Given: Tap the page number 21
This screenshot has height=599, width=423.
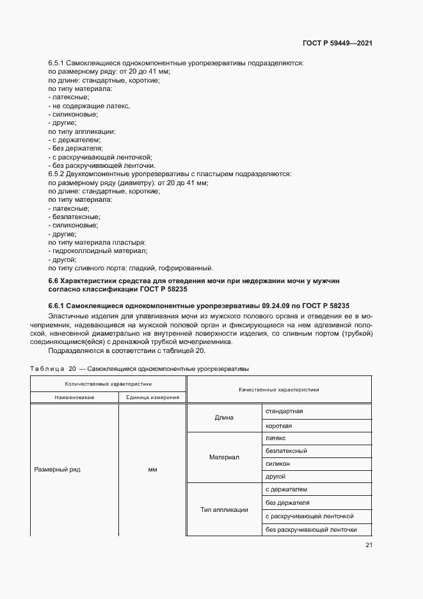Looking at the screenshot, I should pyautogui.click(x=369, y=545).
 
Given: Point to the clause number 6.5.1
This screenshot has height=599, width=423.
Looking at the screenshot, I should pyautogui.click(x=57, y=63).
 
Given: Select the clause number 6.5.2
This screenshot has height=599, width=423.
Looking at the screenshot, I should pyautogui.click(x=57, y=174).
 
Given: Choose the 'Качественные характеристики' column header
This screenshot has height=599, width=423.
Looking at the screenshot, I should pyautogui.click(x=278, y=390).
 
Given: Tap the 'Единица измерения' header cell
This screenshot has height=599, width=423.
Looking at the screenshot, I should pyautogui.click(x=152, y=397).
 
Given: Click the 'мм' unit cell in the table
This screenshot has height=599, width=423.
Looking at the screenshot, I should pyautogui.click(x=152, y=470).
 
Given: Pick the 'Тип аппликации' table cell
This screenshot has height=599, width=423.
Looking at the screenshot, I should pyautogui.click(x=224, y=510).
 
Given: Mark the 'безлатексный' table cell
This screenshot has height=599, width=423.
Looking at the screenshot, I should pyautogui.click(x=285, y=450).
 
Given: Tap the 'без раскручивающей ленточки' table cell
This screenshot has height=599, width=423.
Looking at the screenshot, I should pyautogui.click(x=310, y=530).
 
